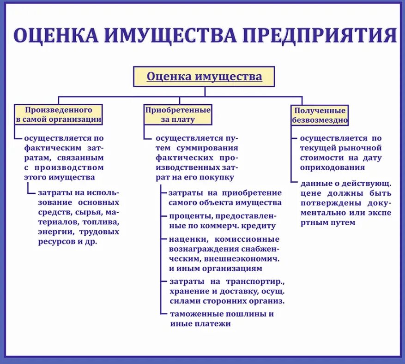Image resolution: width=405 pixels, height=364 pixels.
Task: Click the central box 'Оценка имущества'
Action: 204,77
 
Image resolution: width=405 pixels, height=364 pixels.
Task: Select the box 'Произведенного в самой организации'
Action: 58,114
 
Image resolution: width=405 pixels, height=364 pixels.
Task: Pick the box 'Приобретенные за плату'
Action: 178,114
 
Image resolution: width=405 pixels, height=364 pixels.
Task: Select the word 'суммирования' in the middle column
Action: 205,148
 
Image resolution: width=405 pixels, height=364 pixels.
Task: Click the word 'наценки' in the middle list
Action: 184,239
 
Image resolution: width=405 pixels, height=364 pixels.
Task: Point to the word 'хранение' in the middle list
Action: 186,291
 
